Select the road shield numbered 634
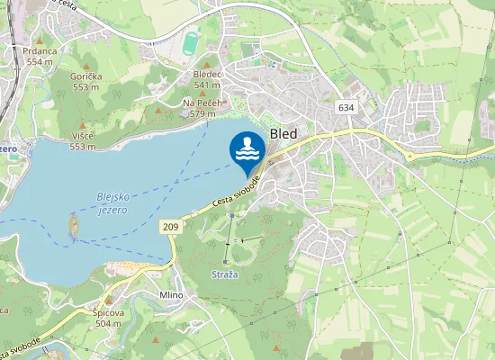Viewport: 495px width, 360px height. pos(346,107)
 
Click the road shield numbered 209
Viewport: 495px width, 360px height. pos(171,227)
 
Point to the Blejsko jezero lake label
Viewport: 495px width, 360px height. pos(112,202)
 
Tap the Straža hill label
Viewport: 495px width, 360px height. pos(224,273)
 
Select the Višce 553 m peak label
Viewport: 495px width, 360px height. pos(83,140)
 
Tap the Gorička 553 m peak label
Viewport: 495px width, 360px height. pos(85,82)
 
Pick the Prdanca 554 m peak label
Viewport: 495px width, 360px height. pos(40,56)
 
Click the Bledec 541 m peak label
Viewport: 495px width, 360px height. pos(207,79)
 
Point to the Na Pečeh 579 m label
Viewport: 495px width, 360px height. pos(202,108)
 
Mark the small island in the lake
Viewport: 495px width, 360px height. pos(73,226)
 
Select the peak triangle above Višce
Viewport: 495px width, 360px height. pos(84,124)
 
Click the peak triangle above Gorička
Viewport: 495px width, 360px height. pos(87,66)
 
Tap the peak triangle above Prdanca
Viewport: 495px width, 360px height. pos(40,40)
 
